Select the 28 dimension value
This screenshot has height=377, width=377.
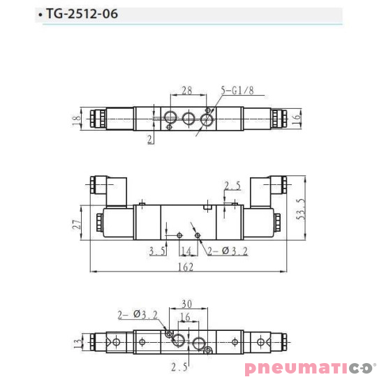click(186, 91)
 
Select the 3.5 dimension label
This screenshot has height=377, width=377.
click(156, 250)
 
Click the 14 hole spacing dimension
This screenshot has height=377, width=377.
click(186, 250)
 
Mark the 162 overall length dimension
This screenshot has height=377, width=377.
click(186, 266)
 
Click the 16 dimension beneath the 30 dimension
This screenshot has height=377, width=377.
click(185, 317)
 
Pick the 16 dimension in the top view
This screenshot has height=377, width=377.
click(296, 119)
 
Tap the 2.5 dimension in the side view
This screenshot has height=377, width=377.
click(232, 186)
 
